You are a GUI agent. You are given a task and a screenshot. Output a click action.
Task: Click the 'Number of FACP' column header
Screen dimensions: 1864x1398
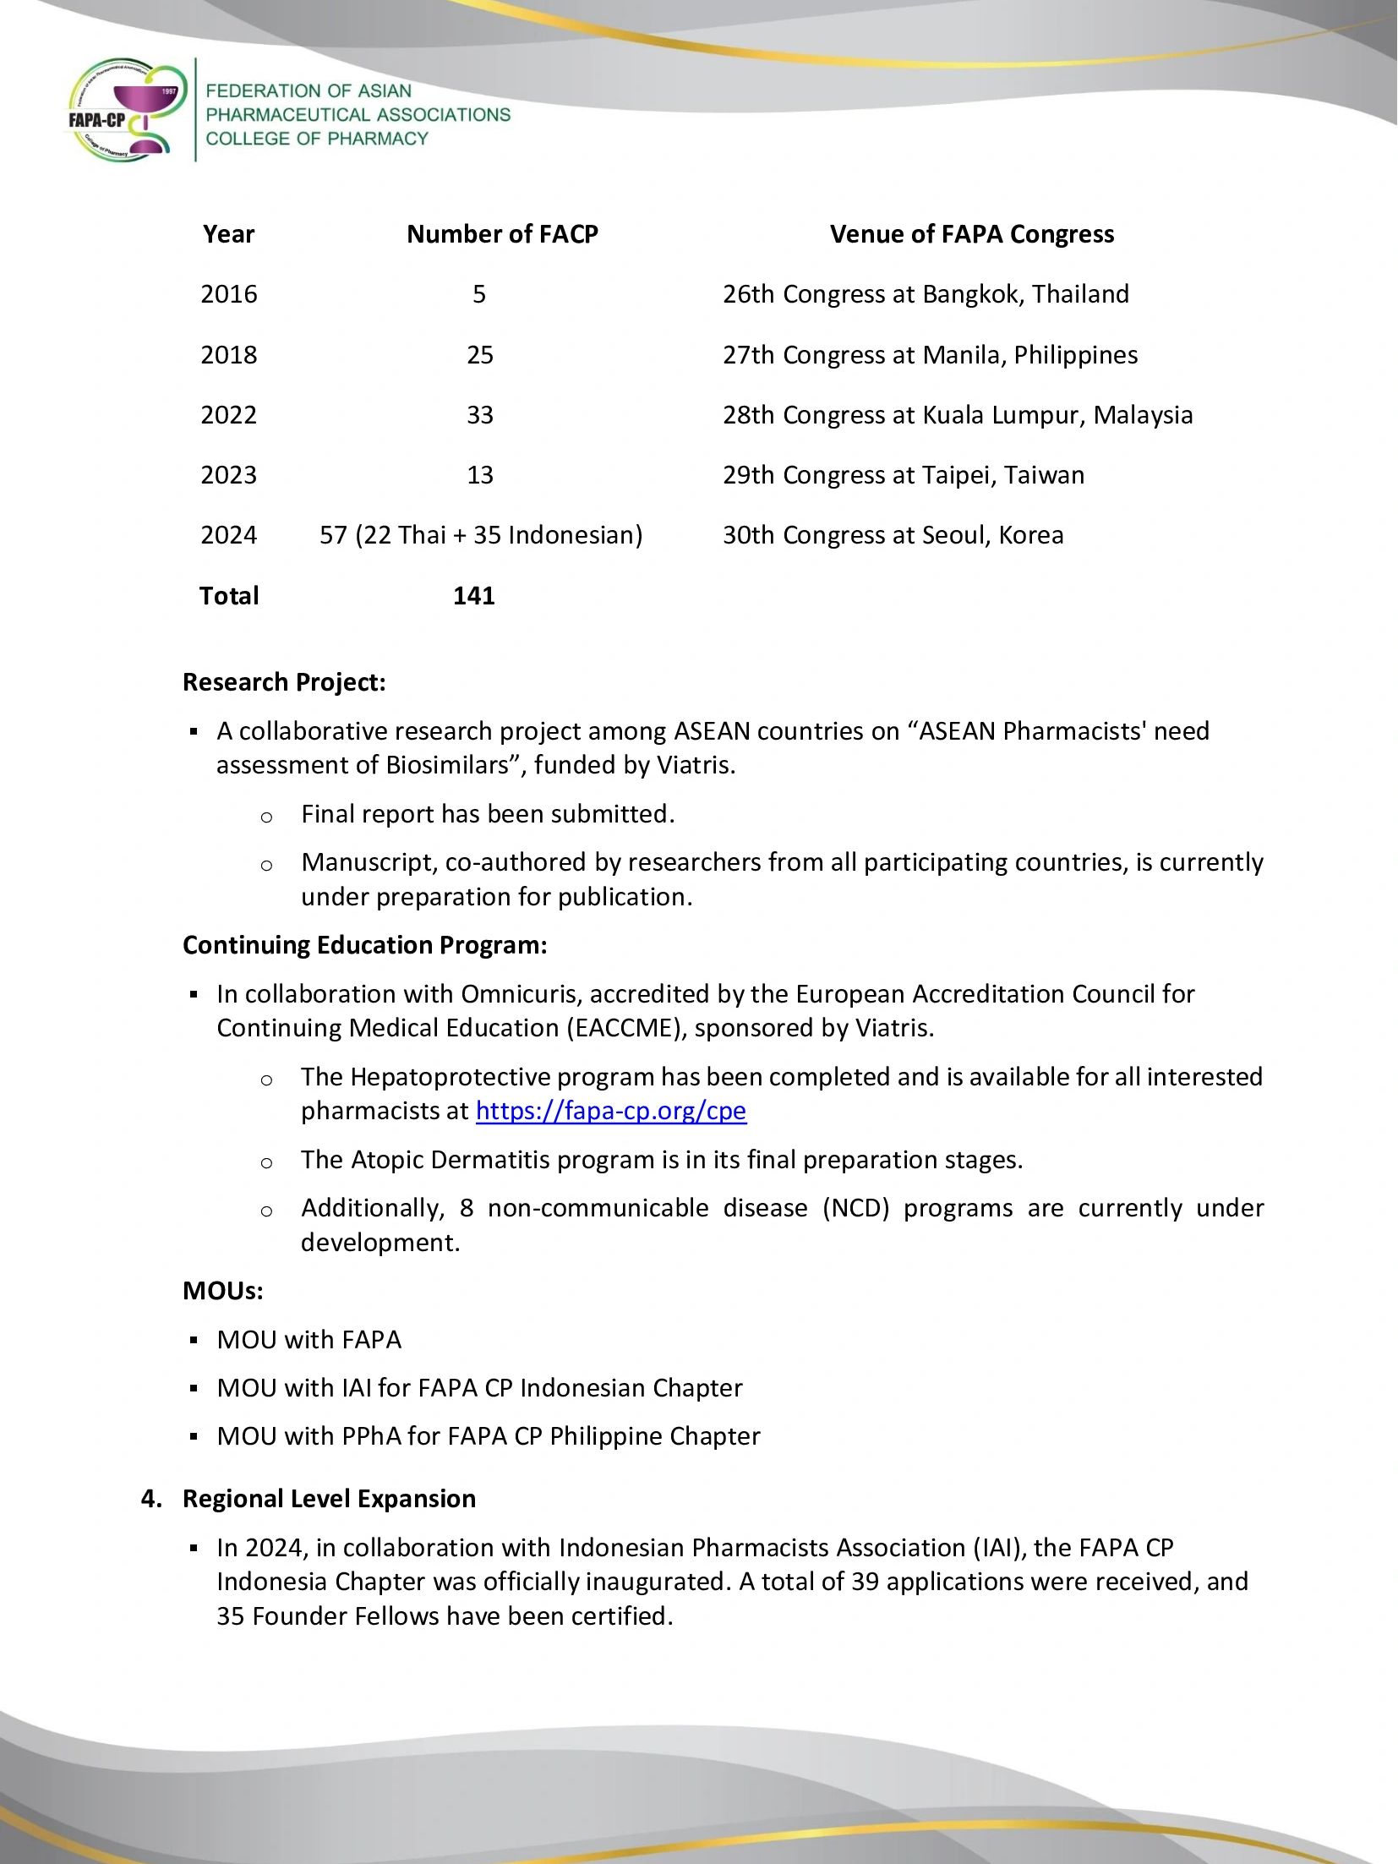point(502,234)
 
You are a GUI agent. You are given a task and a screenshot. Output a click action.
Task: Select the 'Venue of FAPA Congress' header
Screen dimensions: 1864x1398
point(972,234)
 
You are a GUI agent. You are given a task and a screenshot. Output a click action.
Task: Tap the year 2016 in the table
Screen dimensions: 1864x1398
point(228,294)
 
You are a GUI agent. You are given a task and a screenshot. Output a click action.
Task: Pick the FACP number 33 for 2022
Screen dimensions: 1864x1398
point(479,415)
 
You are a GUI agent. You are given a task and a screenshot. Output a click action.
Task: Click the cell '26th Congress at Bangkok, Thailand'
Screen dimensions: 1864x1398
point(926,294)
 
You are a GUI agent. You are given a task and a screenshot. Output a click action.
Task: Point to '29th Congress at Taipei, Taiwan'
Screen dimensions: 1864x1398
point(903,475)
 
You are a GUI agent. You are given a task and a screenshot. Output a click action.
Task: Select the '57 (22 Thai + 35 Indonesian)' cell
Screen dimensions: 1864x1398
point(481,535)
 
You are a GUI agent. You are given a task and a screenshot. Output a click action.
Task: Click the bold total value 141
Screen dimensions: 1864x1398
point(473,596)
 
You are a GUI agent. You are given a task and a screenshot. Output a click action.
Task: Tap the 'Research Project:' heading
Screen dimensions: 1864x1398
point(284,682)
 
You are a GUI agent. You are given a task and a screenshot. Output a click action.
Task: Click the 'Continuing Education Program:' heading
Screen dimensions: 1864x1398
point(364,945)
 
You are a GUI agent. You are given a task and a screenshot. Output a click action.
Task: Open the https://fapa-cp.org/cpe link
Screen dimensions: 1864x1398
point(610,1111)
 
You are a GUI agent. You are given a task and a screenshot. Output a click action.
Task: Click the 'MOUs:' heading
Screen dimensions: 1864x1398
point(222,1291)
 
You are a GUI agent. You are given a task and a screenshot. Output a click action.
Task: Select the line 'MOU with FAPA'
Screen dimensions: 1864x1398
point(309,1340)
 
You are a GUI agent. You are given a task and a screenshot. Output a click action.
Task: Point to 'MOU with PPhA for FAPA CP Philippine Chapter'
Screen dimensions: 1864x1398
point(488,1436)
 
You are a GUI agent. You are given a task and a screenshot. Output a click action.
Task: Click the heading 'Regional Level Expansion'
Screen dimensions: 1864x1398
point(329,1499)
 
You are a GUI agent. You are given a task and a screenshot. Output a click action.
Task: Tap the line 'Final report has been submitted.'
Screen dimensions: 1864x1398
point(488,814)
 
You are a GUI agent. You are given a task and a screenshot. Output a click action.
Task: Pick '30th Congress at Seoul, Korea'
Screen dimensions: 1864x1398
point(893,535)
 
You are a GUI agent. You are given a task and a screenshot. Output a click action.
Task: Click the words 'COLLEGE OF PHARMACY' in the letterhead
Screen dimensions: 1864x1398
point(317,139)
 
